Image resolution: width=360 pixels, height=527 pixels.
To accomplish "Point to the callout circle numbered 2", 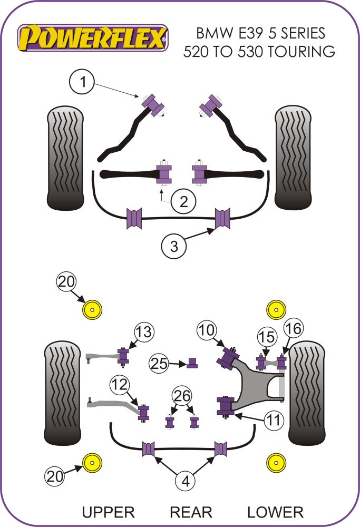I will point(182,201).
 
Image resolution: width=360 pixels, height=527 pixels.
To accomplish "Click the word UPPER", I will point(108,512).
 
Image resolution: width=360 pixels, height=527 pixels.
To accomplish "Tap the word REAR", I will point(191,512).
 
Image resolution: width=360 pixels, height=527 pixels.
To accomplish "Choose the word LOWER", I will point(275,512).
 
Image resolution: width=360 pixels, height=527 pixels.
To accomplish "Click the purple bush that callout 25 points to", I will point(192,362).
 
